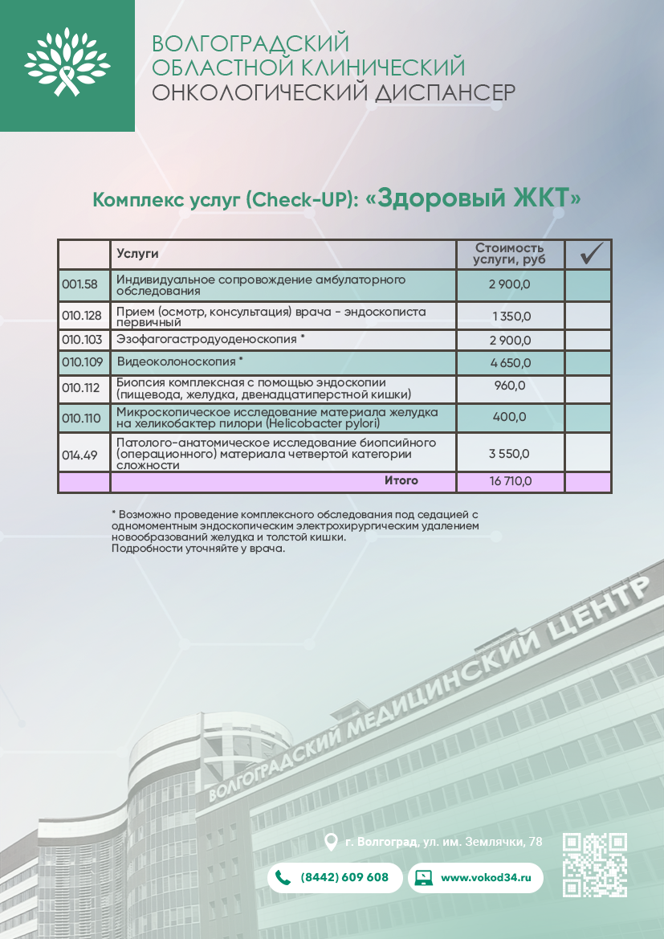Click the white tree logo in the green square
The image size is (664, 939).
point(67,63)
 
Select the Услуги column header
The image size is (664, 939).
point(137,254)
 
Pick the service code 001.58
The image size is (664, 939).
point(79,284)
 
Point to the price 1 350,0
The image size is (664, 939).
point(510,316)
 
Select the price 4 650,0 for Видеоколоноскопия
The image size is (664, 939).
point(510,362)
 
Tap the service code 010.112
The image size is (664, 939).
point(81,389)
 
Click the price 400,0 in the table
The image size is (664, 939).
point(510,416)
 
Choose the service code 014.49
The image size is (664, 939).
point(79,455)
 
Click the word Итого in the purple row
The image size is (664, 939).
point(401,481)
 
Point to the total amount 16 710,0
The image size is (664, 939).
point(510,482)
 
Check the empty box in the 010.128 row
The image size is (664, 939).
point(588,316)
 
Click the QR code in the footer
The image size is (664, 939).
point(595,864)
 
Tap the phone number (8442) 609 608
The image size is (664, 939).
point(344,877)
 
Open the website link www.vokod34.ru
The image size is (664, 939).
point(487,877)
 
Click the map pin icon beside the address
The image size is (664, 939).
point(330,842)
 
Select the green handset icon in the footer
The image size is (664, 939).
point(283,877)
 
